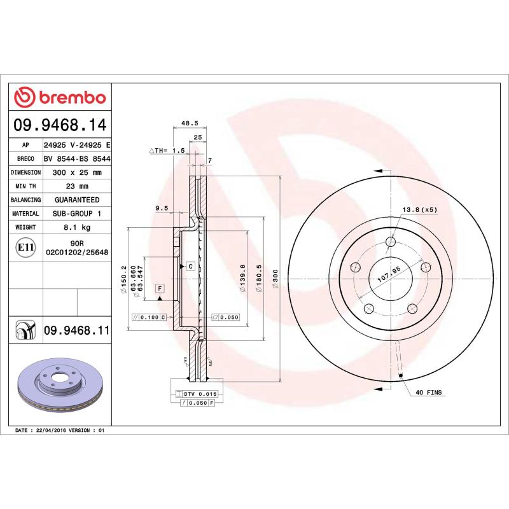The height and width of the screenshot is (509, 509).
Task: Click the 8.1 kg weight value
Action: coord(76,227)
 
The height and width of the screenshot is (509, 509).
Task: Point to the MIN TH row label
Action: coord(26,186)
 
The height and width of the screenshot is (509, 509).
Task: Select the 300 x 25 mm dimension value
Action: coord(76,172)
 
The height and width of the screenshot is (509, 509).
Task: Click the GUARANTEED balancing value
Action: coord(76,200)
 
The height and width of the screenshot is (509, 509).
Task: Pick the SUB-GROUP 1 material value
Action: coord(76,214)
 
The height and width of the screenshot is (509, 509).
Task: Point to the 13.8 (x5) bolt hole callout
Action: coord(419,209)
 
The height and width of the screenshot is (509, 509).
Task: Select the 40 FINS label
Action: coord(428,394)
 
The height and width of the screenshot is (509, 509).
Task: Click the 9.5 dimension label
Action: coord(161,208)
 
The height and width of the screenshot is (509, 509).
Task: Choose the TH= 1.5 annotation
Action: coord(167,150)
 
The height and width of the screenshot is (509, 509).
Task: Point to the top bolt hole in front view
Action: coord(391,242)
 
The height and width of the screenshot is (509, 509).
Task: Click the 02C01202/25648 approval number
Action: coord(76,252)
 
